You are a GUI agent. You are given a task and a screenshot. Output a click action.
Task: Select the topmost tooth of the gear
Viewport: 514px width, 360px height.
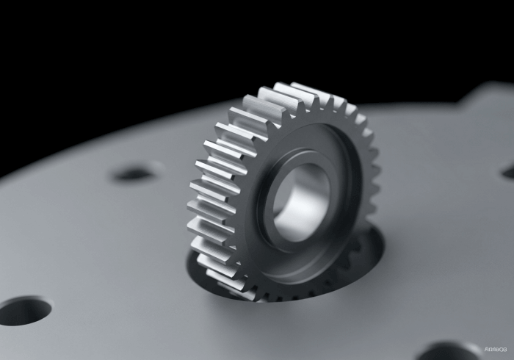click(294, 90)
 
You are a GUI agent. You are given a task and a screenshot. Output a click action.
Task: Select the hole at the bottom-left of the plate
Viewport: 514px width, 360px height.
click(23, 310)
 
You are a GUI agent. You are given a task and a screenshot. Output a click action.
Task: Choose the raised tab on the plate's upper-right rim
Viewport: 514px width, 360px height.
click(492, 92)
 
